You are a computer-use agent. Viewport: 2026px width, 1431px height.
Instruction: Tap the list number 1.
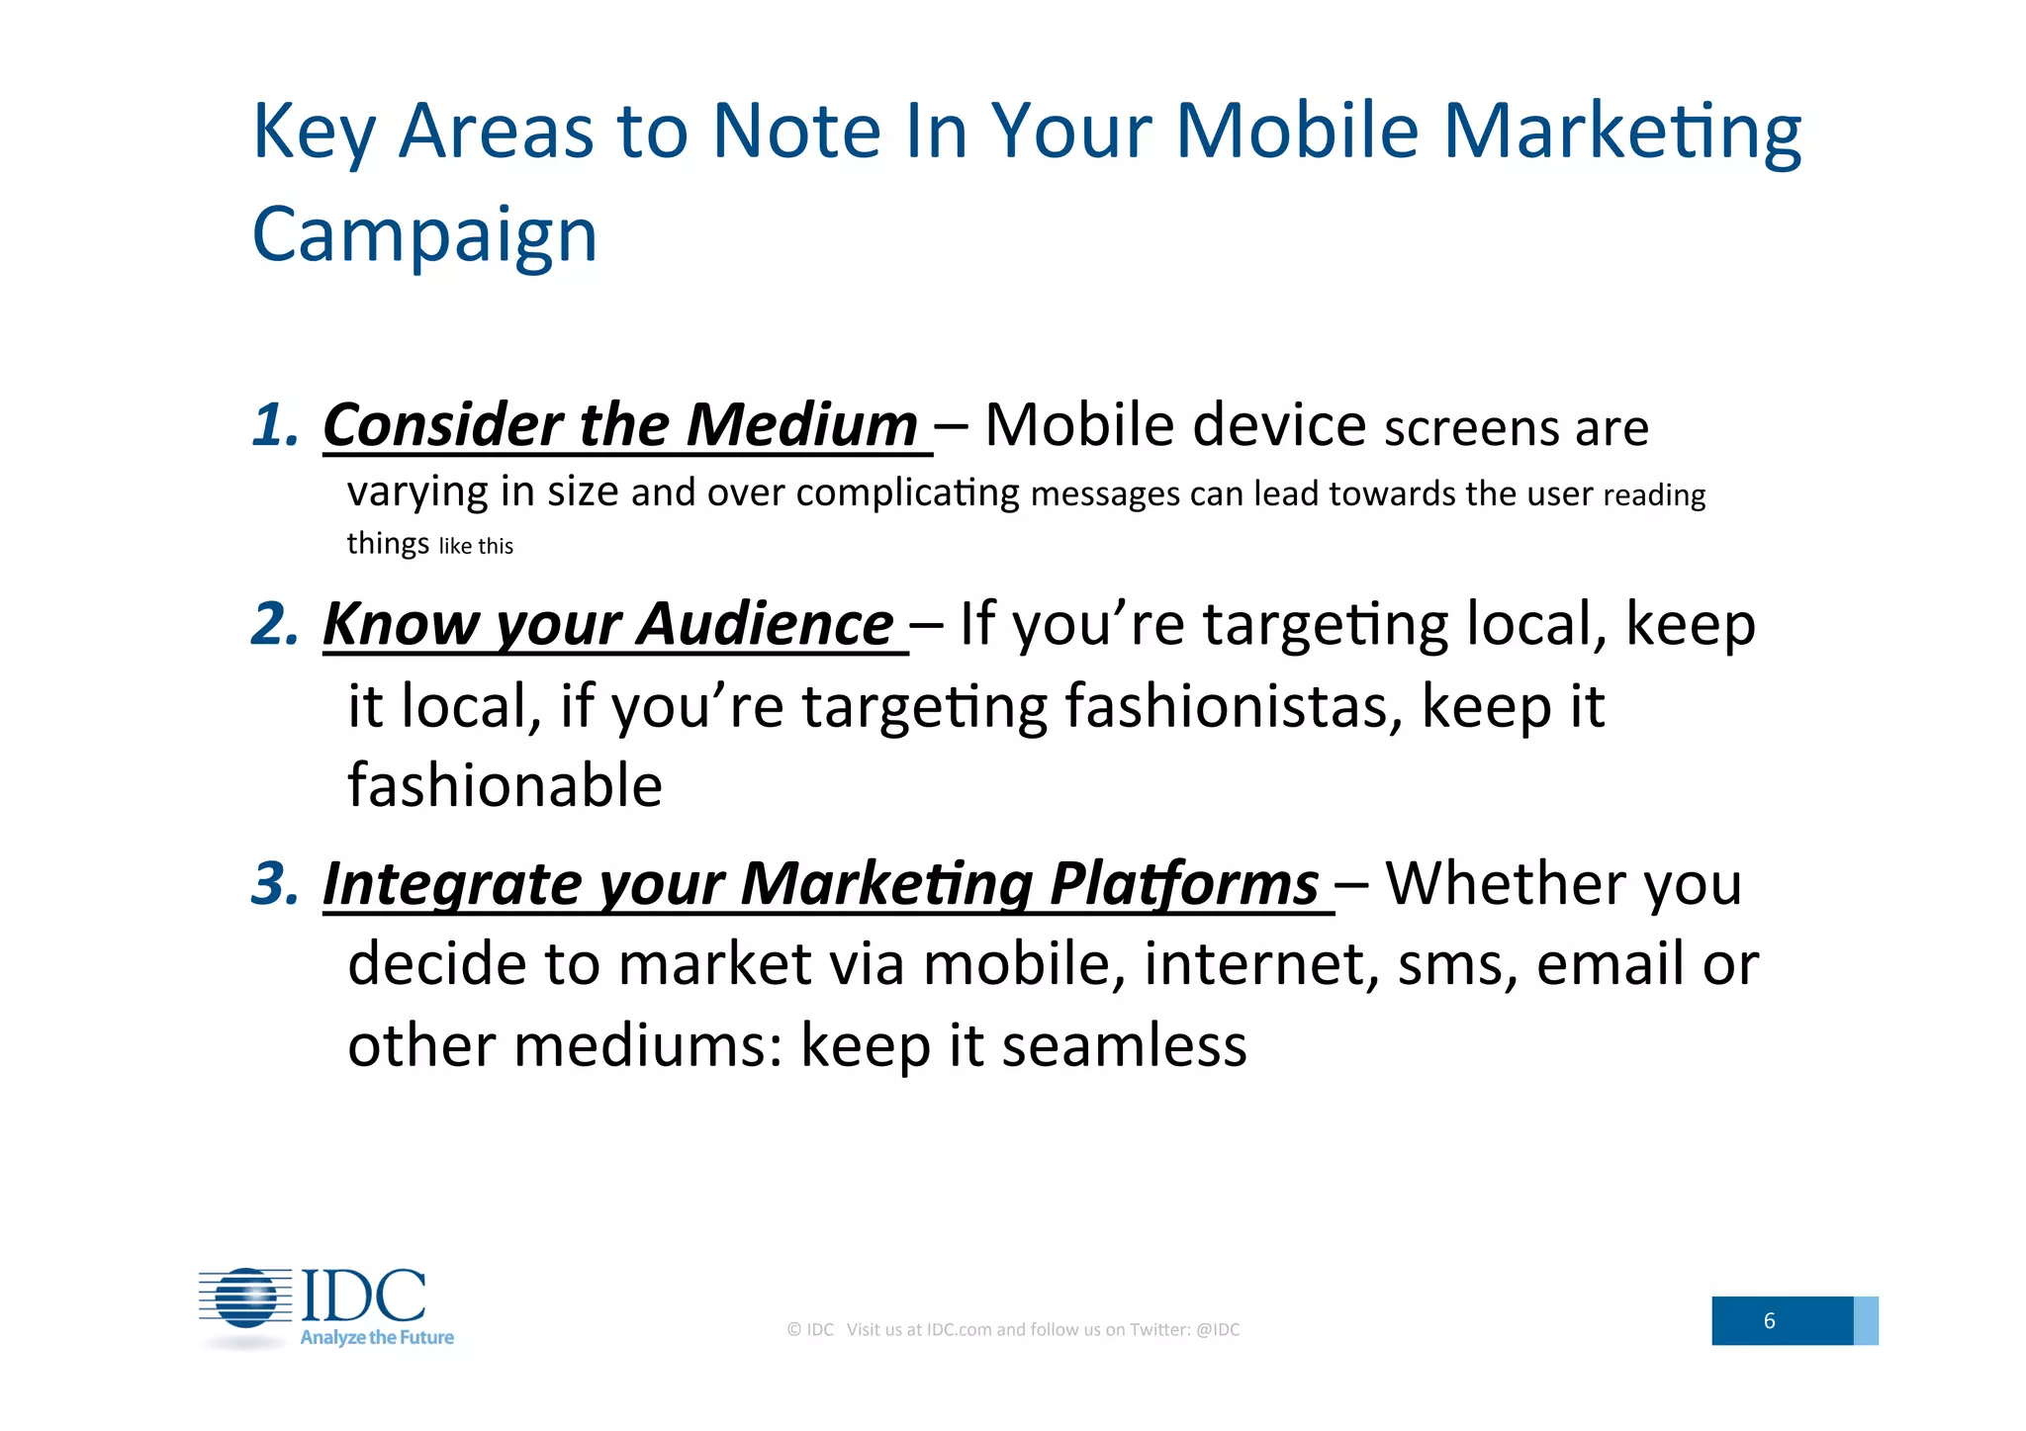(x=274, y=424)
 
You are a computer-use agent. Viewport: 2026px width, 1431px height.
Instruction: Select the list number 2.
(x=274, y=624)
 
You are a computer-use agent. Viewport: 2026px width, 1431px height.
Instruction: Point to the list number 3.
(x=274, y=882)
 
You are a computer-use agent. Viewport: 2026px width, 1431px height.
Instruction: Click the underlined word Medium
(x=801, y=425)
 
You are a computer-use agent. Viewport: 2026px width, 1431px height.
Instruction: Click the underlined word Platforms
(x=1183, y=883)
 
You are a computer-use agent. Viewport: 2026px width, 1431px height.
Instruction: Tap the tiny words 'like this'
(x=476, y=547)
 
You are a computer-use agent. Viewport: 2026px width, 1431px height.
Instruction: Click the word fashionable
(x=505, y=786)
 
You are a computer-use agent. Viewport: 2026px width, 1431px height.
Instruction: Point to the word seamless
(x=1124, y=1045)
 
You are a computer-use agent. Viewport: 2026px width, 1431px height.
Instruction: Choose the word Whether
(x=1504, y=883)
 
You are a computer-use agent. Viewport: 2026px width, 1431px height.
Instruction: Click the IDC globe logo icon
(x=246, y=1297)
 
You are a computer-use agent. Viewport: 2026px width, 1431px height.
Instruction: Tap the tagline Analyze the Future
(x=377, y=1338)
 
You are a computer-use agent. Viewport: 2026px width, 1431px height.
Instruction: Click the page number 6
(x=1769, y=1321)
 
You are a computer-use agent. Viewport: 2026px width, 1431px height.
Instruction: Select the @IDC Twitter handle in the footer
(x=1217, y=1330)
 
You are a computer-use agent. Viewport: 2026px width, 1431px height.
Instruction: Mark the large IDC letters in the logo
(x=363, y=1296)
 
